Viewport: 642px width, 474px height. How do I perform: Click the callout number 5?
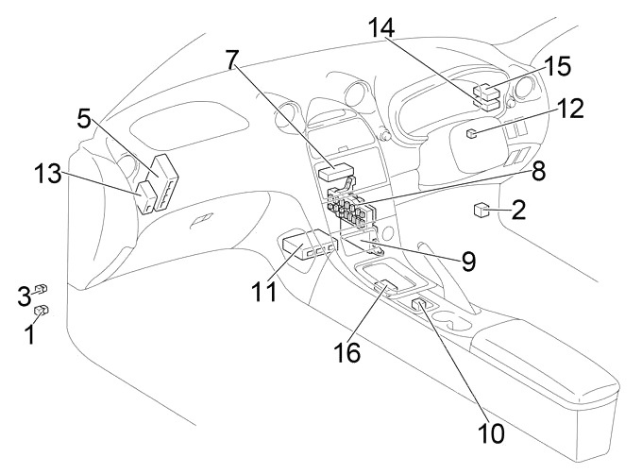pos(85,120)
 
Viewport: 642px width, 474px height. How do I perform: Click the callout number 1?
pos(29,332)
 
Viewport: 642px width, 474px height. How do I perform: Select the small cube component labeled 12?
pos(471,133)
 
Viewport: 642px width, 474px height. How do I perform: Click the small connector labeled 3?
pos(42,289)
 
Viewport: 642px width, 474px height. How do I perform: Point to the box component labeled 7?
pos(333,172)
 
